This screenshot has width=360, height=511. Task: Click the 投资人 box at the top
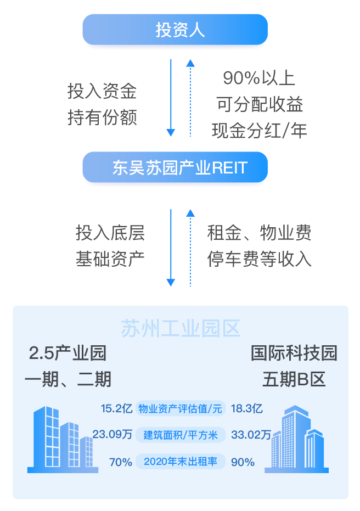point(175,30)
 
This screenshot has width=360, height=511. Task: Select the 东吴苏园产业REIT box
point(175,167)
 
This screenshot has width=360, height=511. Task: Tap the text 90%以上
point(259,78)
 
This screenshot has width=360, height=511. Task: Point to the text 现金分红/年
point(259,131)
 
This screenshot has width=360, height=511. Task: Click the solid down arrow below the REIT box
point(171,247)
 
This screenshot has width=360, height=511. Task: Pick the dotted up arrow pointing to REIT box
point(190,247)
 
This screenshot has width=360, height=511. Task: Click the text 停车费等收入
point(259,259)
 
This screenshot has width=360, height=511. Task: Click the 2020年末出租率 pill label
point(181,462)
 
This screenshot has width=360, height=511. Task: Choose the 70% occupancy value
point(121,462)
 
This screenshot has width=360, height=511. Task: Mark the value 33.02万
point(251,435)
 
